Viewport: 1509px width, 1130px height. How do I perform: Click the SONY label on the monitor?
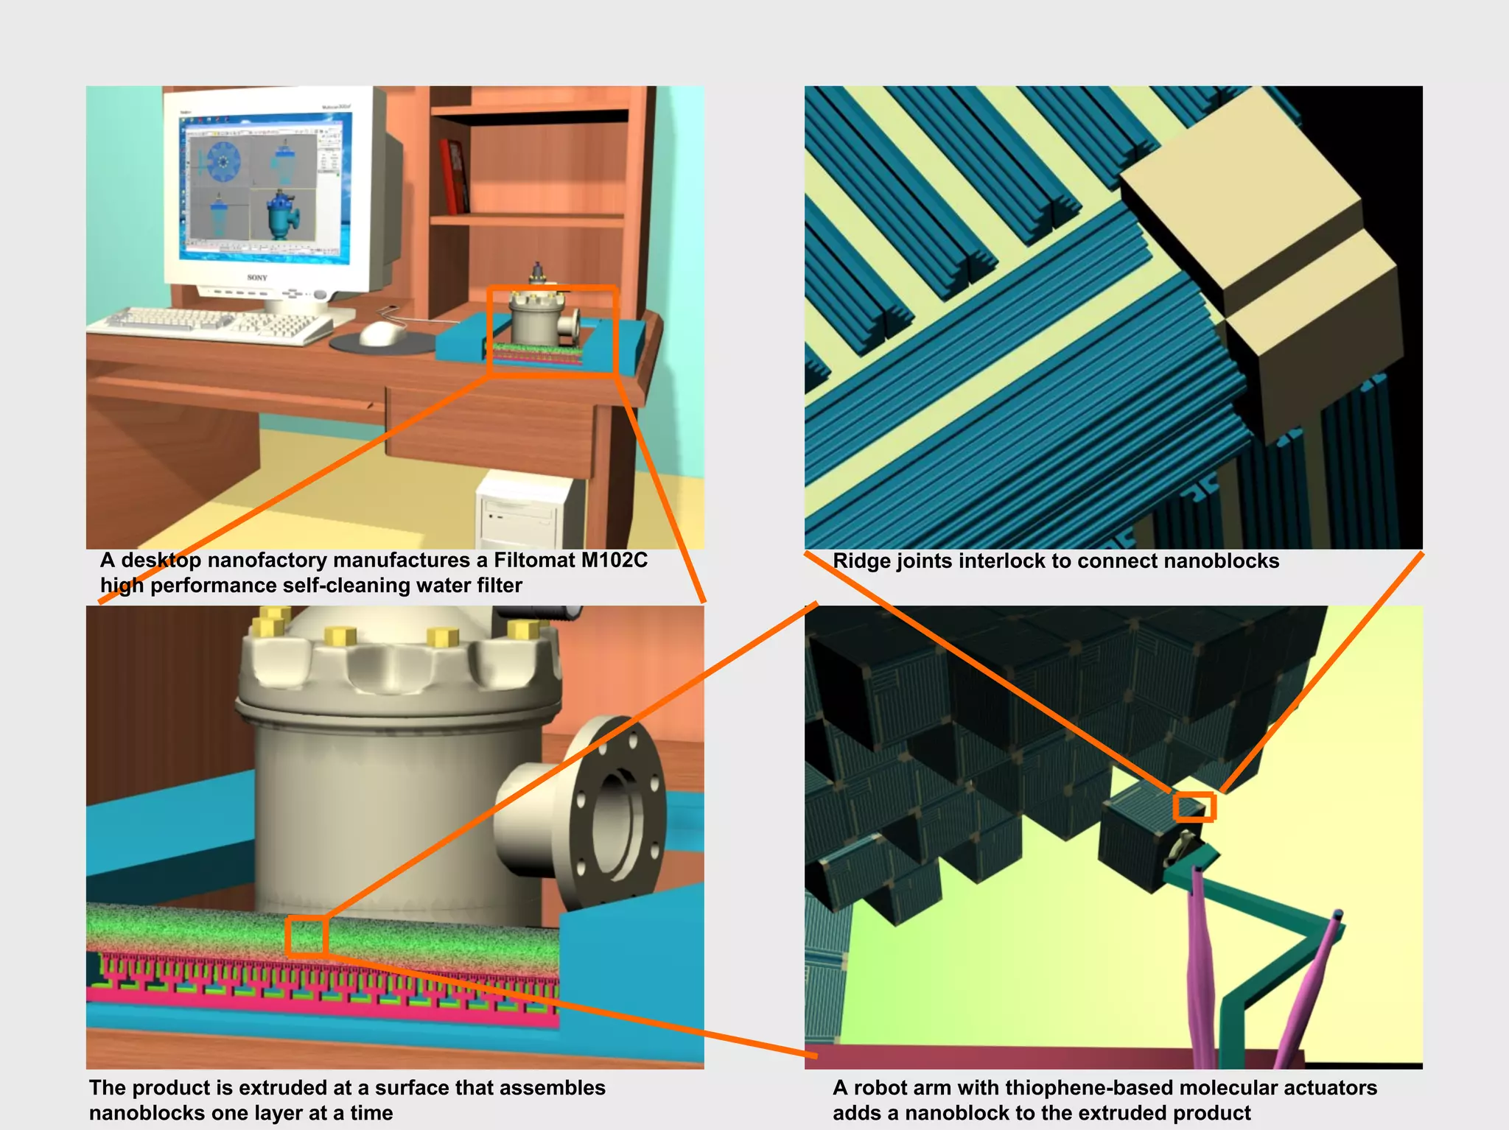[x=257, y=278]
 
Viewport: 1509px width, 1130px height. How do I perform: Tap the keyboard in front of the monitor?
[x=214, y=325]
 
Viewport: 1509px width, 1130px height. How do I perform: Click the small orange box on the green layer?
[x=306, y=936]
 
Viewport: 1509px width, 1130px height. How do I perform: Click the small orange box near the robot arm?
[x=1194, y=807]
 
